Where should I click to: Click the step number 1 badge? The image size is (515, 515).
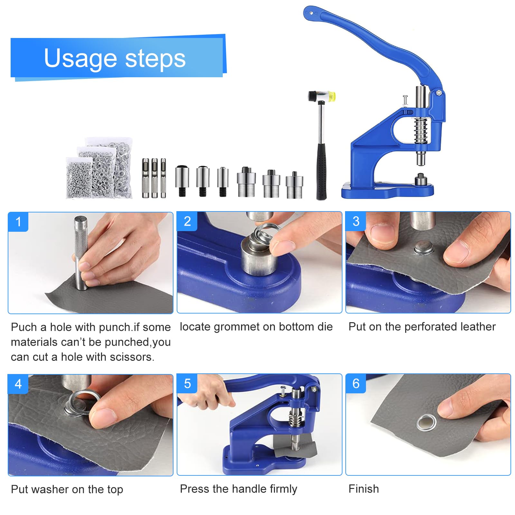(x=18, y=222)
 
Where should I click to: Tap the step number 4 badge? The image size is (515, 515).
(x=18, y=384)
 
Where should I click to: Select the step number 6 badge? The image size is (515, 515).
(x=356, y=384)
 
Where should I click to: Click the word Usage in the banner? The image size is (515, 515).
(x=80, y=58)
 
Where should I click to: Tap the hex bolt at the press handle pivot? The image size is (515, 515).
(x=438, y=93)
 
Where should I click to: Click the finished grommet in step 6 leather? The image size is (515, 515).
(x=426, y=423)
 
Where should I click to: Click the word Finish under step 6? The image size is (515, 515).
(x=363, y=489)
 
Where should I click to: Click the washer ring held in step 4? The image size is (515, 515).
(x=84, y=400)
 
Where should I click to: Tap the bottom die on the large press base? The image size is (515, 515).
(x=420, y=180)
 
